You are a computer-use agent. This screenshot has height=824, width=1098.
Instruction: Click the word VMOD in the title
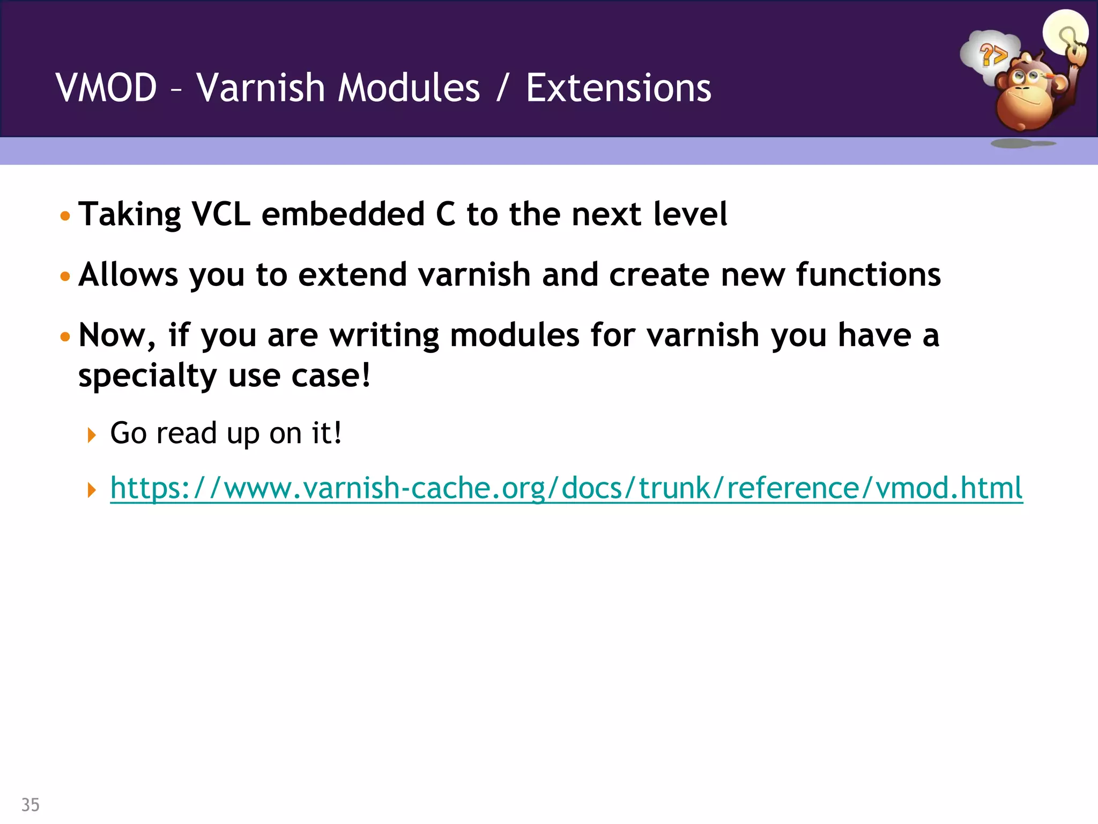pyautogui.click(x=106, y=88)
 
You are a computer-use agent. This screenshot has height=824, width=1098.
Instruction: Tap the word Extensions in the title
pyautogui.click(x=618, y=88)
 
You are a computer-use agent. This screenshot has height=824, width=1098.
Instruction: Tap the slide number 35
pyautogui.click(x=30, y=805)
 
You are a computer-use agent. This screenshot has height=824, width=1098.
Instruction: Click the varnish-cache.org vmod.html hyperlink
pyautogui.click(x=566, y=488)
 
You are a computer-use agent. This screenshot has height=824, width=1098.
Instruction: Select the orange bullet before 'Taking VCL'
pyautogui.click(x=65, y=216)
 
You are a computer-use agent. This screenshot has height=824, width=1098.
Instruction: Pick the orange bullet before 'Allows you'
pyautogui.click(x=65, y=277)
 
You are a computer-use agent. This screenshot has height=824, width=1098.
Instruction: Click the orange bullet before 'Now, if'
pyautogui.click(x=65, y=337)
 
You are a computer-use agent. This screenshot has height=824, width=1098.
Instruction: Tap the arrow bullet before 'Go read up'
pyautogui.click(x=92, y=435)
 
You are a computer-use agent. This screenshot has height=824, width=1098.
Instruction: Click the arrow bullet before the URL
pyautogui.click(x=92, y=489)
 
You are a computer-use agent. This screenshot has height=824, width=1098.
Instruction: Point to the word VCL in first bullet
pyautogui.click(x=221, y=214)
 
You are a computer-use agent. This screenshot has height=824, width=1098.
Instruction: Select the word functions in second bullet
pyautogui.click(x=868, y=275)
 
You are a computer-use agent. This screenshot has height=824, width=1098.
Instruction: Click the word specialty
pyautogui.click(x=147, y=376)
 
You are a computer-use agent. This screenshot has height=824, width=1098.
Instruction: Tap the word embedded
pyautogui.click(x=343, y=214)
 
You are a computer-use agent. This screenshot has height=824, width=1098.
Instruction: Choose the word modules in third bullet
pyautogui.click(x=515, y=335)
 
